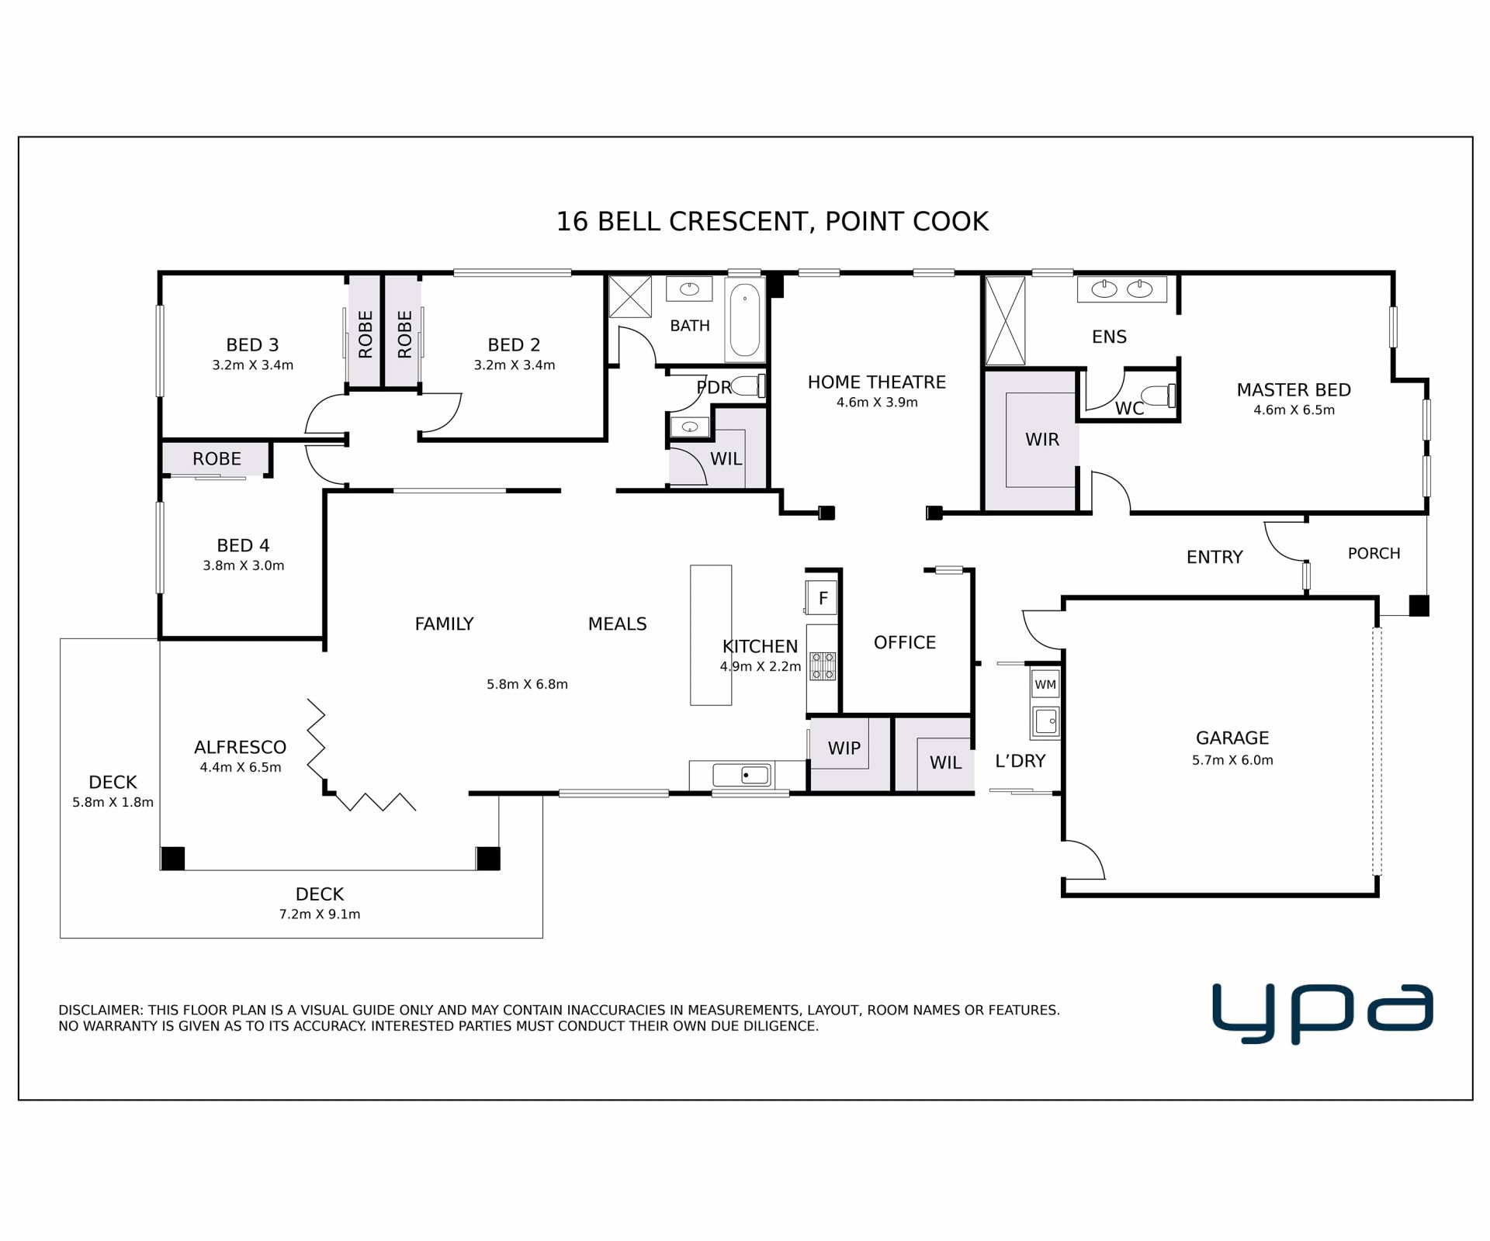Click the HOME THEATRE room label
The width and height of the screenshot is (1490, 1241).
click(876, 382)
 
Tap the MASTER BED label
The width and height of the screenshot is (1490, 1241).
click(1294, 390)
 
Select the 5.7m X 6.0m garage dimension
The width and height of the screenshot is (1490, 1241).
click(1232, 760)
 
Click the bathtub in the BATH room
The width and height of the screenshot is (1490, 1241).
click(745, 320)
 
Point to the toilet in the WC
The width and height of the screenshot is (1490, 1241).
click(1159, 396)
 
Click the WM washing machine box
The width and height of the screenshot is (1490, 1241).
click(1045, 684)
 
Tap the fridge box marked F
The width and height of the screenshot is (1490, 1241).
click(822, 598)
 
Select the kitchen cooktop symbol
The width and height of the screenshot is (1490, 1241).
click(823, 666)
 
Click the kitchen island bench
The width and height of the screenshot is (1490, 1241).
click(711, 635)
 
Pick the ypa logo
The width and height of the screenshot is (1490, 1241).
click(1322, 1014)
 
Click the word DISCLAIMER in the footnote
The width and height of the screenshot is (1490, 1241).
click(101, 1011)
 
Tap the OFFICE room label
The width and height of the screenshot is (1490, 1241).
click(905, 642)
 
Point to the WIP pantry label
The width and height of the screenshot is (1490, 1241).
click(844, 748)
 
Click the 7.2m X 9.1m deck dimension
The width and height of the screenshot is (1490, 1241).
click(320, 914)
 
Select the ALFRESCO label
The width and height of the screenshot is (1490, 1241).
click(241, 747)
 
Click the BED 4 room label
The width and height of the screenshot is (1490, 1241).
click(243, 545)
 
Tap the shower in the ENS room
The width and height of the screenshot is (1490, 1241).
click(1005, 320)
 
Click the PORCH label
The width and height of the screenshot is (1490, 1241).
click(1374, 554)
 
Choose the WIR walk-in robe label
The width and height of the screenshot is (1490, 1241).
click(1041, 440)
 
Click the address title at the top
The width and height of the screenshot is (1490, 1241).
click(772, 222)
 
